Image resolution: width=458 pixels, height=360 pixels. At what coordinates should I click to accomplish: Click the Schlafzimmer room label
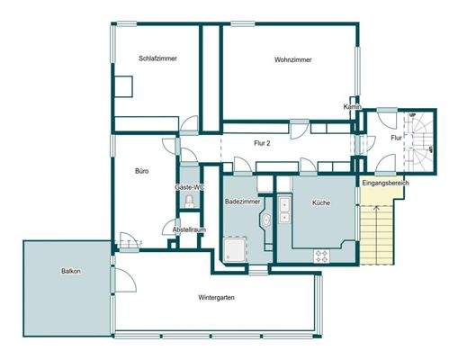coord(157,58)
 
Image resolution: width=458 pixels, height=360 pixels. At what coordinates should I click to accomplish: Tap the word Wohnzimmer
coord(293,59)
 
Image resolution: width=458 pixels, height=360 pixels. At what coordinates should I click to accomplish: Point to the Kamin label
coord(352,106)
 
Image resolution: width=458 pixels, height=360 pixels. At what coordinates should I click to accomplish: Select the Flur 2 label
coord(262,142)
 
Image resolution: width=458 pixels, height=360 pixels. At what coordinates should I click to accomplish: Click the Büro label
coord(141,170)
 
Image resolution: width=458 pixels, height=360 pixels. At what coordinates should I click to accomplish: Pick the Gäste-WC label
coord(189,186)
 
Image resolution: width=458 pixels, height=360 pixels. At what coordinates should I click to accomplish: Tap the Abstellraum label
coord(188,229)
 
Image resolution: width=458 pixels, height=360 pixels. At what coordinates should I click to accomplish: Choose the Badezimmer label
coord(243,203)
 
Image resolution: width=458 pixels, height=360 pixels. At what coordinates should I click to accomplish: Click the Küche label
coord(321,203)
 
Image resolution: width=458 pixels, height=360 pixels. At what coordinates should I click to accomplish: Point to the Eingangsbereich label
coord(385,184)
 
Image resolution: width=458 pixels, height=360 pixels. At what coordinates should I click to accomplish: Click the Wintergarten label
coord(217,297)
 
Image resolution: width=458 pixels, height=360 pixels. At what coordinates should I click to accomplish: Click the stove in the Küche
coord(321,256)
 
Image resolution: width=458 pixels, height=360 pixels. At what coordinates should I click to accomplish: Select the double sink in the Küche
coord(284,209)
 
